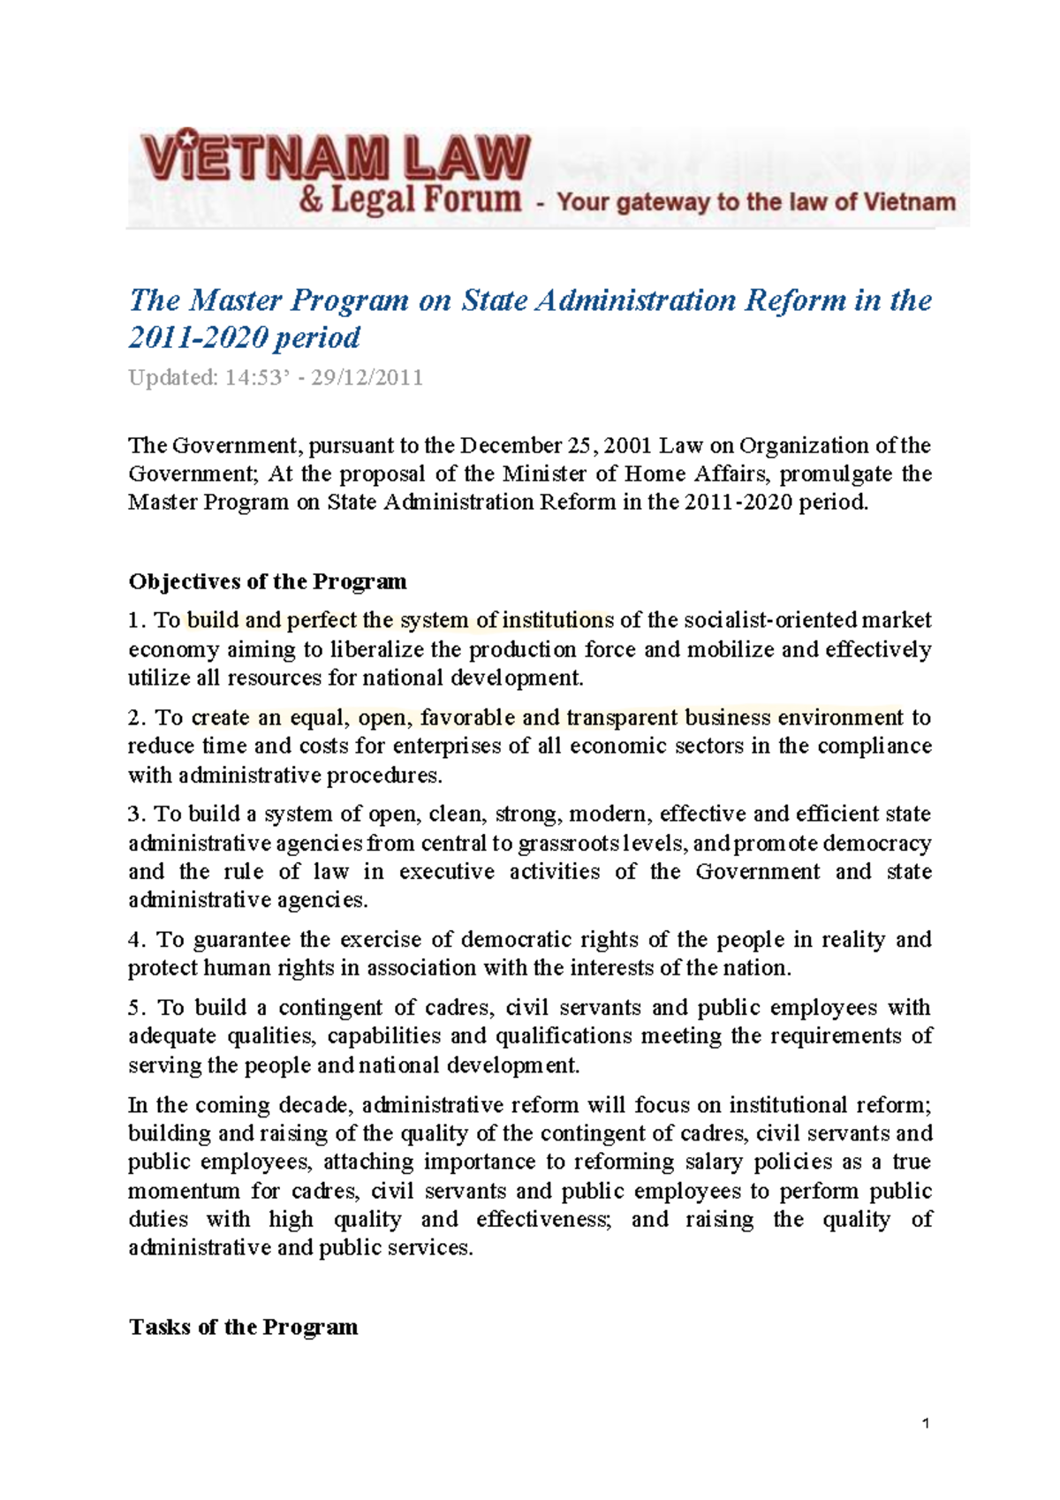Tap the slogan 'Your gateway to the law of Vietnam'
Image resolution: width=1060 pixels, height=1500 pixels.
tap(756, 202)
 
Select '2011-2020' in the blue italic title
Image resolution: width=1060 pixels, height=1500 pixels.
tap(197, 337)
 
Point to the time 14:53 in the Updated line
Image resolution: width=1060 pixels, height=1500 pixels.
tap(252, 378)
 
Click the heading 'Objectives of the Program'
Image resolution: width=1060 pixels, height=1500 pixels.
tap(268, 582)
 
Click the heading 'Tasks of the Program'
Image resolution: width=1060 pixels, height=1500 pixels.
tap(244, 1327)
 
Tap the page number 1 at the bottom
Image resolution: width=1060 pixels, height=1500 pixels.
tap(925, 1423)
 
